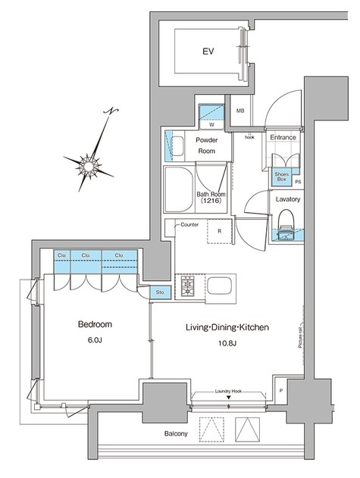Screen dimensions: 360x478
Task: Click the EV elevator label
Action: (208, 52)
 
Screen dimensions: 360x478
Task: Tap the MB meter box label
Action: (240, 111)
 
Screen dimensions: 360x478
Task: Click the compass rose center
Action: (89, 166)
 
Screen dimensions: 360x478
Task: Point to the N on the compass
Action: (111, 111)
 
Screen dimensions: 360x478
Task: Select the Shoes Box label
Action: (281, 177)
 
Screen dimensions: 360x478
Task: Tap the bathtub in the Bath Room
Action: (178, 189)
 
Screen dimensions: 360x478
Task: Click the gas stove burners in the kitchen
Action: (186, 286)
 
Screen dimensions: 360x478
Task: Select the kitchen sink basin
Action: (219, 286)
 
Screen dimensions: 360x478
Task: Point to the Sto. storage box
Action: (161, 292)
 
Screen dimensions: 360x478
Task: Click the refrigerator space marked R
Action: (220, 231)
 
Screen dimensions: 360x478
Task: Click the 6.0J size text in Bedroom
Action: (95, 340)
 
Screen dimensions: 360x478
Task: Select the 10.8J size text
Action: (227, 344)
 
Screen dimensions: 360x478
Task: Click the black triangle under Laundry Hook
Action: (229, 397)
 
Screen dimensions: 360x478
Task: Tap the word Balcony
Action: (176, 433)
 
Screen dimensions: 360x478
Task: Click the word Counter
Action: (189, 225)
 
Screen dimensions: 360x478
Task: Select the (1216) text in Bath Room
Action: (211, 201)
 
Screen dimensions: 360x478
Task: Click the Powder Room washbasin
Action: (177, 145)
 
